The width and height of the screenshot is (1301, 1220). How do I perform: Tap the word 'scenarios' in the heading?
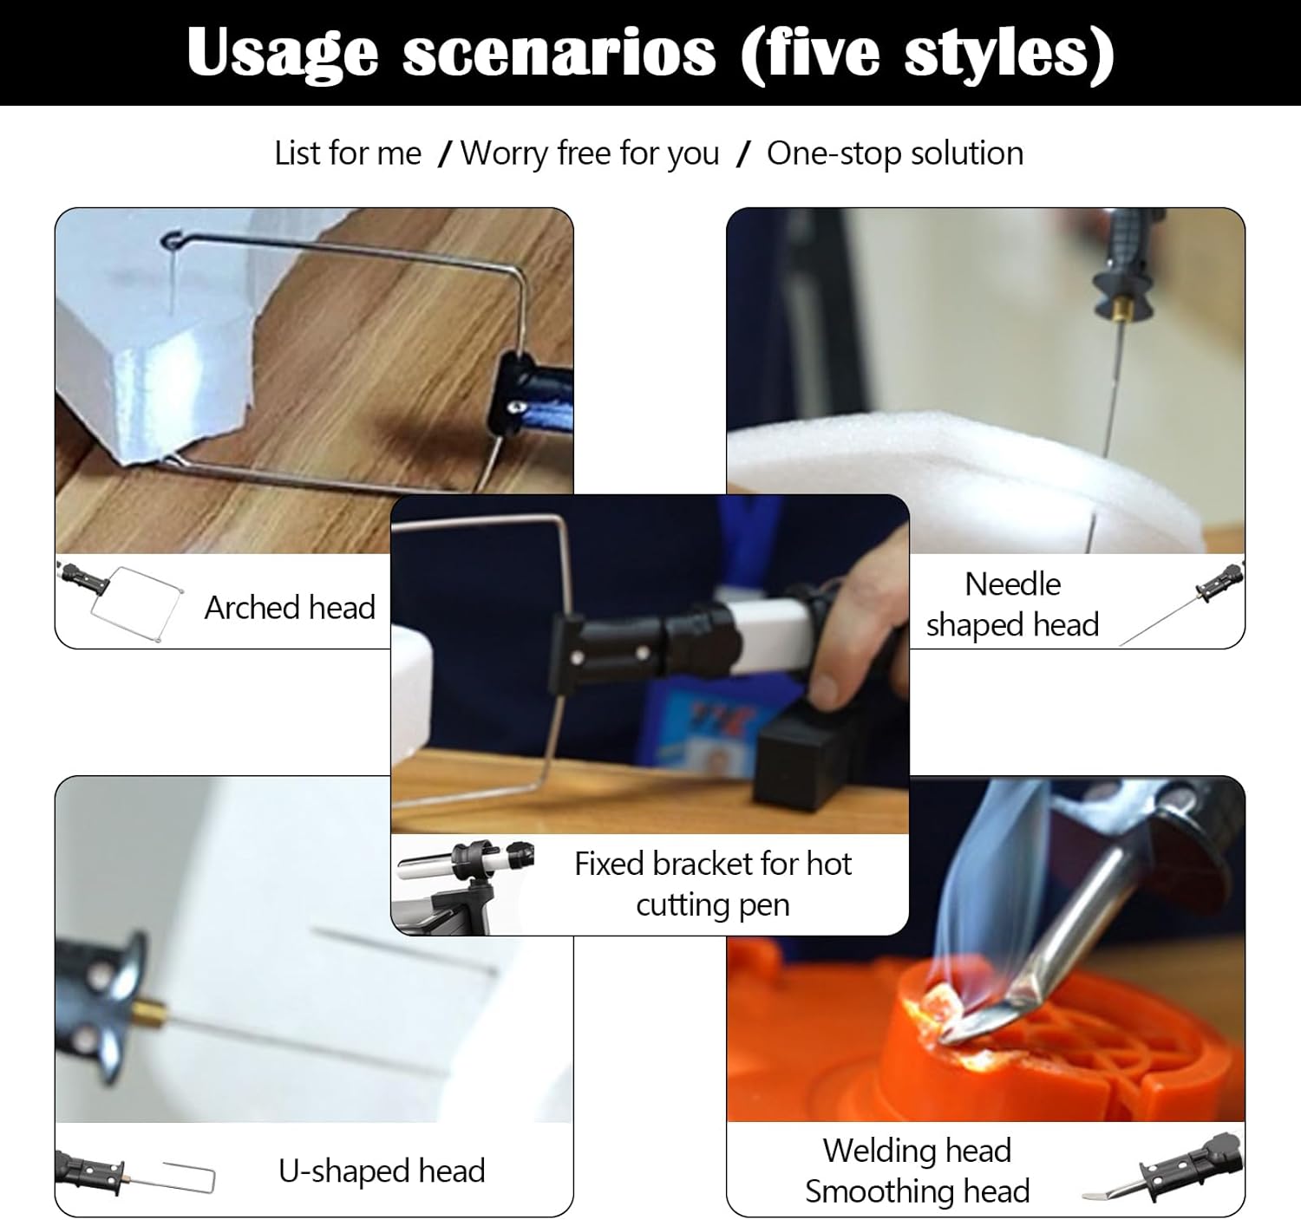click(559, 52)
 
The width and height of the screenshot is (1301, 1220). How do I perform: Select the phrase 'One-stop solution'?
click(895, 154)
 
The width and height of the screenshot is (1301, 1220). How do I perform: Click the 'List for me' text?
click(347, 154)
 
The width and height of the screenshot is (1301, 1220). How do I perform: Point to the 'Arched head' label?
click(290, 607)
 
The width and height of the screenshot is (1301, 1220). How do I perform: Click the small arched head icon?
click(121, 600)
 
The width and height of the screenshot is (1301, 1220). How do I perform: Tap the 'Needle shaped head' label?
click(1012, 604)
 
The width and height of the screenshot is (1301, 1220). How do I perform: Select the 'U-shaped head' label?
click(382, 1171)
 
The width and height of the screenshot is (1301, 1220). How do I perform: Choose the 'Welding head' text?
click(917, 1150)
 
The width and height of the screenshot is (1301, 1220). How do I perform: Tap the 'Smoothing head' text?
click(917, 1191)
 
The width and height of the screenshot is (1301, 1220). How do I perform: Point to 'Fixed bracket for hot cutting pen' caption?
click(713, 884)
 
